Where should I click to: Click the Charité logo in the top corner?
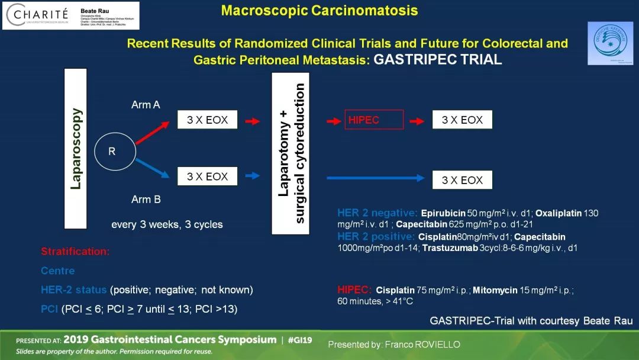coord(35,15)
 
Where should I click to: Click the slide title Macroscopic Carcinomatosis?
coord(319,11)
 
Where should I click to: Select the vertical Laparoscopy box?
coord(75,148)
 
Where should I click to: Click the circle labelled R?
coord(112,152)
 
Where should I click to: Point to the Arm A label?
coord(146,105)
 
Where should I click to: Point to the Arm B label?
coord(146,199)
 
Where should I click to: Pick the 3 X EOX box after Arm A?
coord(207,120)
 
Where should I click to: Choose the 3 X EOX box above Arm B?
coord(207,176)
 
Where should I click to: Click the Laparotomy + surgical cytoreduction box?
coord(291,153)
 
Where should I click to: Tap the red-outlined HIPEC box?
coord(374,120)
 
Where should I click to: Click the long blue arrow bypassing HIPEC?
coord(376,178)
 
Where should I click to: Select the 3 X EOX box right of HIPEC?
coord(462,120)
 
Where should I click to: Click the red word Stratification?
coord(75,251)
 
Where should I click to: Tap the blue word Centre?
coord(58,271)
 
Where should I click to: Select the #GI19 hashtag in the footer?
coord(301,340)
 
